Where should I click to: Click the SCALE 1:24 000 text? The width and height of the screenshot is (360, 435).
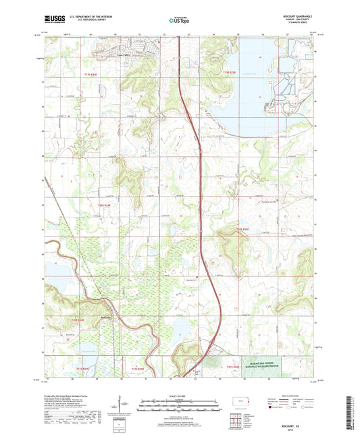point(179,395)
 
